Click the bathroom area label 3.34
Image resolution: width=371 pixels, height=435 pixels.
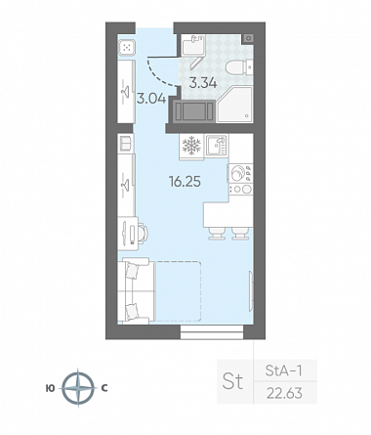click(203, 83)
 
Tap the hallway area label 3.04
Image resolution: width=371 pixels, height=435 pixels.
click(151, 99)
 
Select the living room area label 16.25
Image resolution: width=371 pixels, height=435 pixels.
click(185, 182)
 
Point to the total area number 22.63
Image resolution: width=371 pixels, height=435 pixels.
click(284, 393)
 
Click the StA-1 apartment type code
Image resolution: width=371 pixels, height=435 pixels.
click(284, 370)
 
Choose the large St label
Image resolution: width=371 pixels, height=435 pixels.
click(232, 380)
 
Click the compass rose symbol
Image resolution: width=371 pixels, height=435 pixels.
click(78, 388)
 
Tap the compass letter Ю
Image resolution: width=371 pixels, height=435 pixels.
click(50, 388)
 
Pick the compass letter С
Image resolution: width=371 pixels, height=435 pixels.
click(104, 388)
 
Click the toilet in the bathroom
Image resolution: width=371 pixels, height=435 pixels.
click(239, 67)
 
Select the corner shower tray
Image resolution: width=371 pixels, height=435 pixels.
click(234, 105)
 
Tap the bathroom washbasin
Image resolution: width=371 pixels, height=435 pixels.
click(193, 45)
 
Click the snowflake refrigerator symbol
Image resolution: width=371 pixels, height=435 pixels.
click(191, 146)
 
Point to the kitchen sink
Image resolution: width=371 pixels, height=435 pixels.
click(217, 147)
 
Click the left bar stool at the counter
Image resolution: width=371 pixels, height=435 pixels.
click(217, 234)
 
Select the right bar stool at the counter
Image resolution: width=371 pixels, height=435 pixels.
click(240, 234)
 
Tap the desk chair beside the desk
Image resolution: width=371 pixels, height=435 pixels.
click(144, 233)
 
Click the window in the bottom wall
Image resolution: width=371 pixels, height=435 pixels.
click(212, 332)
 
